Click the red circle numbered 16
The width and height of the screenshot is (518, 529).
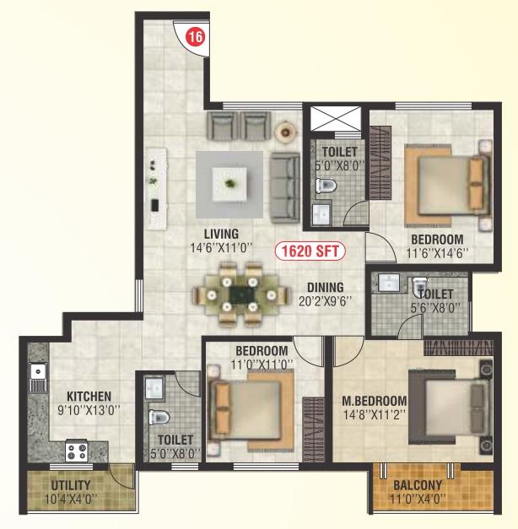coord(196,36)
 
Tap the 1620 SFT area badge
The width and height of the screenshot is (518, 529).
coord(310,251)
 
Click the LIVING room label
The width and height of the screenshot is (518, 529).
coord(221,234)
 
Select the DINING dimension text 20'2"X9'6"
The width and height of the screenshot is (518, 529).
coord(326,301)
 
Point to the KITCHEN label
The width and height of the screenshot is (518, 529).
coord(89,396)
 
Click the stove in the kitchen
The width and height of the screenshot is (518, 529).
coord(77,451)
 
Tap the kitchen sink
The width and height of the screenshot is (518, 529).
coord(38,377)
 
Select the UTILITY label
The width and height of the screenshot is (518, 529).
coord(71,485)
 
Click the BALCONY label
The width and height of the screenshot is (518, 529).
coord(418,485)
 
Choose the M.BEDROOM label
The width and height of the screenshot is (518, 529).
coord(375,401)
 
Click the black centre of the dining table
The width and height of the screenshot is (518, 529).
coord(242,295)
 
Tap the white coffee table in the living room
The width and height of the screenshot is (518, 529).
coord(229,184)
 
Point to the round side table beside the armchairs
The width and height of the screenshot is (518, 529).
coord(286,132)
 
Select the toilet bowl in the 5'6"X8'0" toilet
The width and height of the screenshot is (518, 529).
coord(419,286)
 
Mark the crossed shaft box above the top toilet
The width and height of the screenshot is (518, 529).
coord(336,118)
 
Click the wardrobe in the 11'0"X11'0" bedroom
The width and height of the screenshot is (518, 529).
coord(313,429)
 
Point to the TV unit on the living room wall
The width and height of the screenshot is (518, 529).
coord(156,189)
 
